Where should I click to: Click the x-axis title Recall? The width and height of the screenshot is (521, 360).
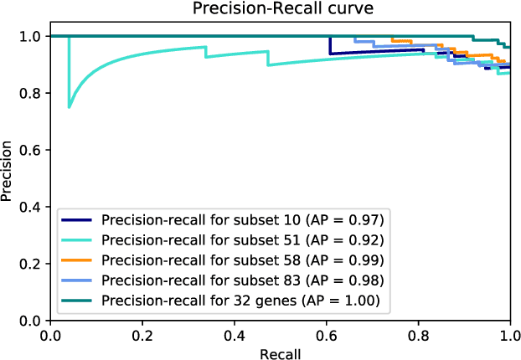click(280, 352)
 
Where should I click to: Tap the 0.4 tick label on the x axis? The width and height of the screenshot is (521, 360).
click(235, 334)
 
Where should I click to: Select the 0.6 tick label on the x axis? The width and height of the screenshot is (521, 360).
click(326, 334)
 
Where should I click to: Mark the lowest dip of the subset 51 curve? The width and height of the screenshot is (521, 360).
click(70, 107)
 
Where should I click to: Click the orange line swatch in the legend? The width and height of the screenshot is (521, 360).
click(79, 259)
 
